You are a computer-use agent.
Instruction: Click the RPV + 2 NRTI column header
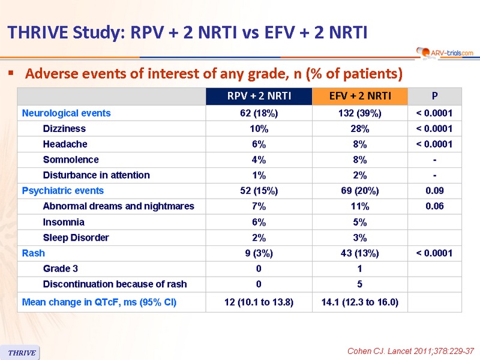(x=259, y=96)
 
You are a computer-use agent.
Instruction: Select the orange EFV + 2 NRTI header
(x=360, y=96)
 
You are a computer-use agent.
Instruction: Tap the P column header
(x=434, y=96)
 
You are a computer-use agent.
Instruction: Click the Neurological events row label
(x=66, y=113)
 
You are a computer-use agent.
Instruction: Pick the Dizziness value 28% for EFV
(x=360, y=129)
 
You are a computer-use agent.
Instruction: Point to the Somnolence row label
(x=71, y=160)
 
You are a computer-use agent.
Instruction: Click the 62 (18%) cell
(x=259, y=113)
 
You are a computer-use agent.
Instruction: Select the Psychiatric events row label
(x=63, y=191)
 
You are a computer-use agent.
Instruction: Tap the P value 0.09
(x=434, y=191)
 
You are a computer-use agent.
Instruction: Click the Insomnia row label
(x=64, y=222)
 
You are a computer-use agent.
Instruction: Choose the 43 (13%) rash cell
(x=360, y=253)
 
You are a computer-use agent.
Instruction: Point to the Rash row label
(x=34, y=253)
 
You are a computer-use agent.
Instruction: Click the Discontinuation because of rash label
(x=115, y=284)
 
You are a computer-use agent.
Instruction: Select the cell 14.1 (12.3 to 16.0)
(x=360, y=302)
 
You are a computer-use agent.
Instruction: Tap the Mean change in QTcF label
(x=99, y=302)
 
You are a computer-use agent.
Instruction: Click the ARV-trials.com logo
(x=445, y=52)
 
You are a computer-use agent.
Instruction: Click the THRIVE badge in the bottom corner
(x=20, y=353)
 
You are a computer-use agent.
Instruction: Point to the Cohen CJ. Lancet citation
(x=410, y=351)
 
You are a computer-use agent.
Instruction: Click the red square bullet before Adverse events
(x=11, y=73)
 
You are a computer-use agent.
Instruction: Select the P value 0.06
(x=434, y=206)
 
